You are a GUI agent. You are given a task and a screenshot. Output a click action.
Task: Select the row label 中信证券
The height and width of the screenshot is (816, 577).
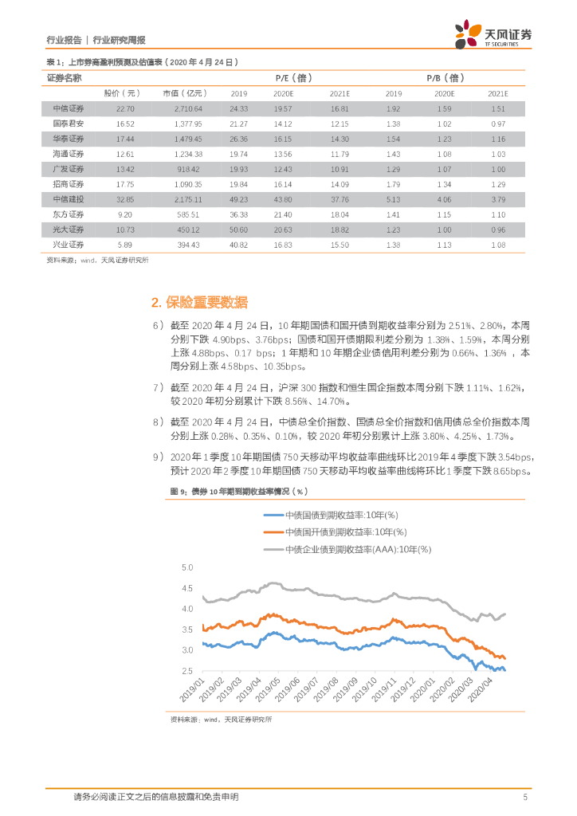[65, 108]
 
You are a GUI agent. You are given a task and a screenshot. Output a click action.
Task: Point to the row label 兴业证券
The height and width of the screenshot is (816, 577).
[65, 245]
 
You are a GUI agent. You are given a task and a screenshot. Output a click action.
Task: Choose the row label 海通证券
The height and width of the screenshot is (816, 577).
[65, 154]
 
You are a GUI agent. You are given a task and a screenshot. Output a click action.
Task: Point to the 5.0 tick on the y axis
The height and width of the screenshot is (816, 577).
[188, 568]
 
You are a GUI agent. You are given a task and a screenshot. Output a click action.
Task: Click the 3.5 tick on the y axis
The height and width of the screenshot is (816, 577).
[188, 630]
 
